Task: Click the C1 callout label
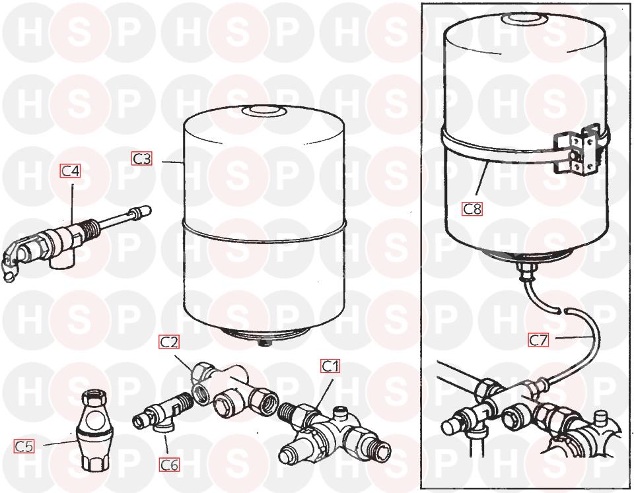[330, 366]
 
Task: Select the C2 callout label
[169, 343]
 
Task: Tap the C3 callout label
[142, 158]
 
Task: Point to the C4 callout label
[71, 171]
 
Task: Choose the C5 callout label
[24, 446]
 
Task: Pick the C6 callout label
[169, 465]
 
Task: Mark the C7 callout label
[539, 340]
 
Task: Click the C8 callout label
[472, 209]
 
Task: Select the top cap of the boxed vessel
[524, 18]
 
